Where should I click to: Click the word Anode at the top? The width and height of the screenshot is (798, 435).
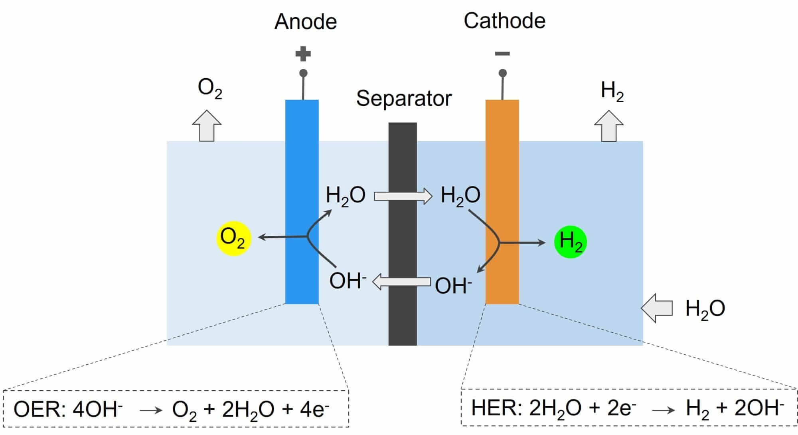click(x=306, y=22)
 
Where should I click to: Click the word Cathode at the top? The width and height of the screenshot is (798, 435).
click(x=504, y=21)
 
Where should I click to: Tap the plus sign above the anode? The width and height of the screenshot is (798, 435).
click(x=303, y=54)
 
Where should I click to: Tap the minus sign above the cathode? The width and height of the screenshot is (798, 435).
click(x=502, y=54)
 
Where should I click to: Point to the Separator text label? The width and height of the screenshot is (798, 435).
click(x=404, y=98)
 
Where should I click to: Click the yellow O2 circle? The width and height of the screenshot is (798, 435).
click(x=233, y=238)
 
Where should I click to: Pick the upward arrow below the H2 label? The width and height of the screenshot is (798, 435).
click(x=609, y=127)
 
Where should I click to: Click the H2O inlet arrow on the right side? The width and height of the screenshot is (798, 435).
click(x=657, y=308)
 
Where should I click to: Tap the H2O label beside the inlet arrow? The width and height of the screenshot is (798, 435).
click(x=705, y=309)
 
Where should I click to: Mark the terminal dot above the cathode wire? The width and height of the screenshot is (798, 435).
click(x=503, y=73)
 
